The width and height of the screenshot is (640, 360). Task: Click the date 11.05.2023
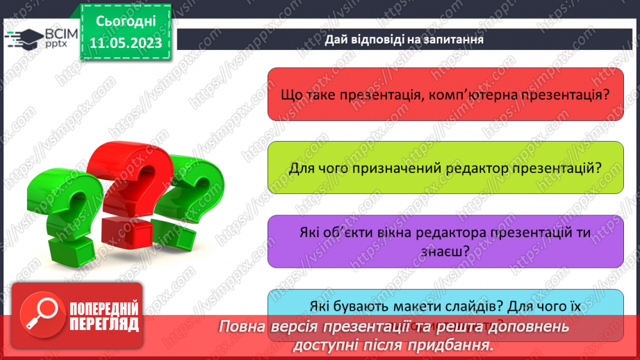tap(125, 42)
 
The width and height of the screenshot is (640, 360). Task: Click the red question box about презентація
tap(445, 94)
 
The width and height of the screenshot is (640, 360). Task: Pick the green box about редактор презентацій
tap(445, 167)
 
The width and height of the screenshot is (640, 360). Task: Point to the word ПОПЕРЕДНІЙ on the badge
tap(104, 309)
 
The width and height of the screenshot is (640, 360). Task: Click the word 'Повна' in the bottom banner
tap(243, 327)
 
